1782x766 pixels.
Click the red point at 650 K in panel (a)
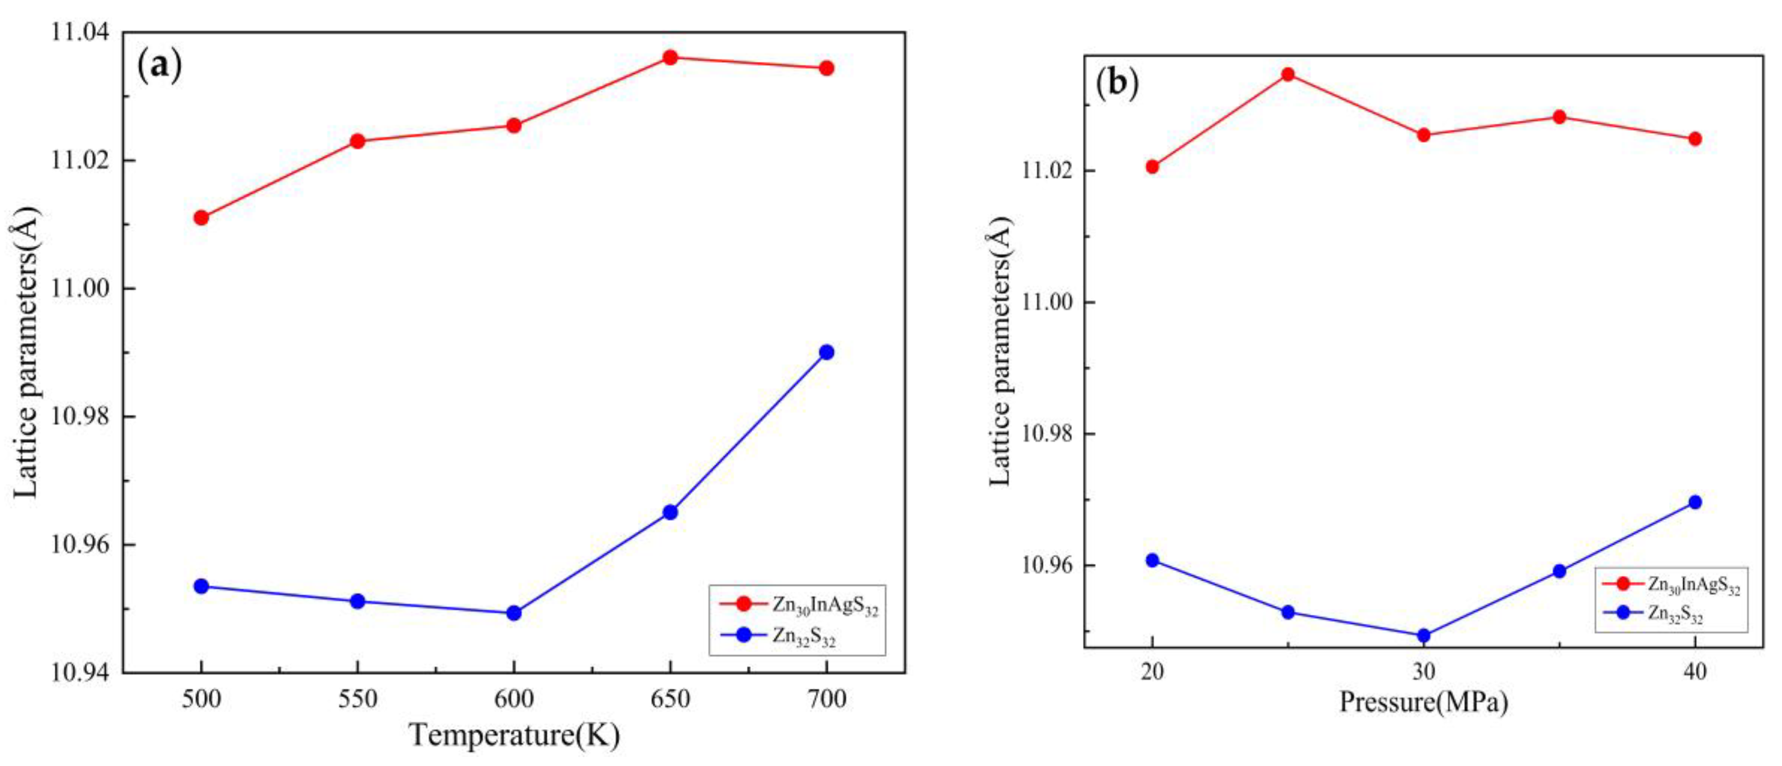670,57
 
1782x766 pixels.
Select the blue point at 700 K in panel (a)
826,352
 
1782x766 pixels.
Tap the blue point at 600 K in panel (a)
513,613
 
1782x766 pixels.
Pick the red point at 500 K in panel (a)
201,218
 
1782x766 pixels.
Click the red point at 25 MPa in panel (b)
1288,74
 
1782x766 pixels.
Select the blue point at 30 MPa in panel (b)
1424,635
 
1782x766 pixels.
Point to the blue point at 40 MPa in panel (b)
1695,502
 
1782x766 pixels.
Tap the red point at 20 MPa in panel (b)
1152,167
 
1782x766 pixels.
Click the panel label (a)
160,65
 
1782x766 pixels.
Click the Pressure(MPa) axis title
1424,702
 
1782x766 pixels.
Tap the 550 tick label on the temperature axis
357,699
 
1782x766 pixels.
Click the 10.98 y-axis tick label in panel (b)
1050,434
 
